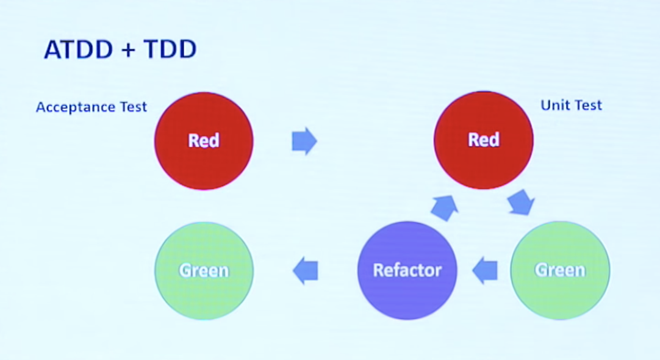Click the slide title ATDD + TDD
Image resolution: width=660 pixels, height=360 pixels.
[x=120, y=50]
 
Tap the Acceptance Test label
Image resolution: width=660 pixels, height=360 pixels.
[x=91, y=107]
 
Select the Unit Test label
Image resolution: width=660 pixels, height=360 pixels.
[x=571, y=106]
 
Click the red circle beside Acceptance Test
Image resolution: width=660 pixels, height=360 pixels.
[x=204, y=141]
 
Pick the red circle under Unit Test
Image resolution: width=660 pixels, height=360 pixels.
[x=483, y=140]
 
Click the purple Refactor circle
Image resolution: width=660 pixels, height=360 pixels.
[x=407, y=270]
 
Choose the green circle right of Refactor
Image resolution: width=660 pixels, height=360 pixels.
[x=560, y=270]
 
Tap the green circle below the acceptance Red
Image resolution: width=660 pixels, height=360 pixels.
[x=204, y=270]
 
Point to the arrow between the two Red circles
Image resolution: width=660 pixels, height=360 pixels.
[x=304, y=141]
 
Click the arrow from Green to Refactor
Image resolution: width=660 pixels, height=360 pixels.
[x=485, y=270]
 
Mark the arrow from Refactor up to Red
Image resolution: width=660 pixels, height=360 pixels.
[x=443, y=208]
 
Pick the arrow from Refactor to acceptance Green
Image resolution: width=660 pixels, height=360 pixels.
[x=306, y=270]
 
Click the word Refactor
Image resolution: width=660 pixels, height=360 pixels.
[x=407, y=270]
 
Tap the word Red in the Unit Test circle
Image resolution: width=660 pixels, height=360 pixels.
[x=483, y=140]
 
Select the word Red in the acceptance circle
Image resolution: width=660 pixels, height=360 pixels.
[x=204, y=141]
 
